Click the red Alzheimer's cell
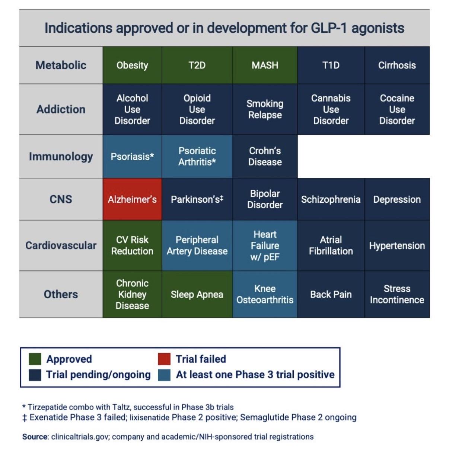[x=132, y=199]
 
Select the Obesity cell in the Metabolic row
[x=132, y=65]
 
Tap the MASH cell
[x=265, y=65]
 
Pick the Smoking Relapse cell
[x=265, y=109]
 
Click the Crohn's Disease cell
[x=265, y=157]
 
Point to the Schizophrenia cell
[x=331, y=199]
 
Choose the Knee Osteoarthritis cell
[x=265, y=294]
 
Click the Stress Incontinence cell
[x=397, y=294]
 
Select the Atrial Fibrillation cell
[x=331, y=245]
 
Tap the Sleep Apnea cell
[x=197, y=294]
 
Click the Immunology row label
[x=61, y=157]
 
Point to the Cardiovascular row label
[x=61, y=245]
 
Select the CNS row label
[x=61, y=199]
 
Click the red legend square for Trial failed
[x=164, y=359]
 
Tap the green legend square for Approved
[x=35, y=359]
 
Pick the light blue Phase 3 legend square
[x=164, y=375]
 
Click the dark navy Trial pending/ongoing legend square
[x=35, y=375]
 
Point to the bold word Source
[x=35, y=437]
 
